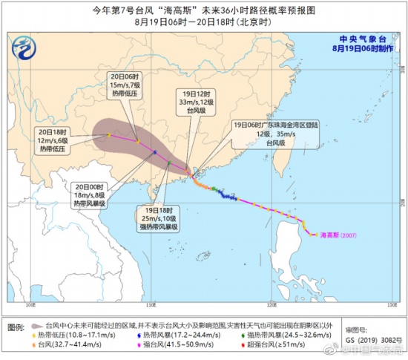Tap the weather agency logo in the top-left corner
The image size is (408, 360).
(27, 49)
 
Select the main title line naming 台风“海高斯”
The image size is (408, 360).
(203, 9)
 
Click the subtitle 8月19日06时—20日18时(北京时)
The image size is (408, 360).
(203, 22)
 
